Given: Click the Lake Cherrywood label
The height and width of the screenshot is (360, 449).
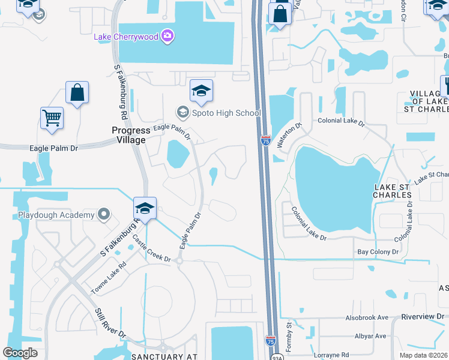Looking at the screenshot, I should coord(126,37).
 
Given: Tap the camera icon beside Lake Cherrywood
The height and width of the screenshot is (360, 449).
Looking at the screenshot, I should coord(167,37).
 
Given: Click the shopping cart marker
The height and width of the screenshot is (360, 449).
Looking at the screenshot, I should coord(52,118).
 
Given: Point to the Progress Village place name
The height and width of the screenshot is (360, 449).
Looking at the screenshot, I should coord(129,135).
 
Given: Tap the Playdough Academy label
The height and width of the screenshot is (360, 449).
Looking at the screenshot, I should coord(56,215).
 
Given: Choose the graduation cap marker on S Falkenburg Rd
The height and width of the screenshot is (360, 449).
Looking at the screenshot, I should coord(145,208).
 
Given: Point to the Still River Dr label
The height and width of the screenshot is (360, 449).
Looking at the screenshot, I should coord(110,324).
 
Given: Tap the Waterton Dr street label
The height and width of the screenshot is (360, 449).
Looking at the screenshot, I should coord(288,133).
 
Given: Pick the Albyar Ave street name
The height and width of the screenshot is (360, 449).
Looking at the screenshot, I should coord(370,336).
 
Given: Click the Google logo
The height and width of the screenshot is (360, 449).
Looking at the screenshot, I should coord(20,353).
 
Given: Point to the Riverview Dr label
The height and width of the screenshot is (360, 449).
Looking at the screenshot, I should coord(424,316).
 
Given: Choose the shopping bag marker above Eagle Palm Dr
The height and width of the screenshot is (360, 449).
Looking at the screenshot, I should coord(77,92).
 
